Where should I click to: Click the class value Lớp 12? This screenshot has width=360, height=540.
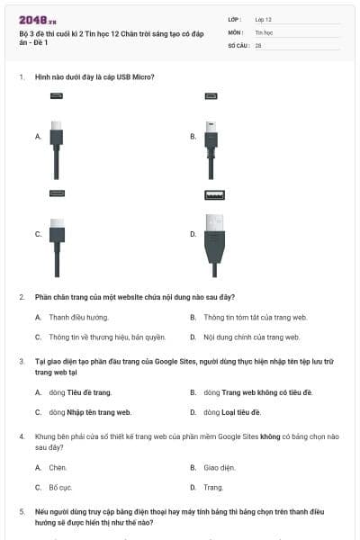point(264,19)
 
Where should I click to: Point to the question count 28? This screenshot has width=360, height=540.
point(258,45)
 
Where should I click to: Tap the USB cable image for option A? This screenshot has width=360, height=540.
point(57,144)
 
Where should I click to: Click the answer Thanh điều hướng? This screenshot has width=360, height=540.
point(78,318)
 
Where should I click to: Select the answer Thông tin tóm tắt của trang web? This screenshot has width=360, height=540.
point(256,318)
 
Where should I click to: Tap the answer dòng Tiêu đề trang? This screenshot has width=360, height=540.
point(80,392)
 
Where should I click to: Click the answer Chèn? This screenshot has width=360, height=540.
point(58,467)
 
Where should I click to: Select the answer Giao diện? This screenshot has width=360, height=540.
point(219,467)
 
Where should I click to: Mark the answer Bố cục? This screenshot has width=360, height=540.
point(60,487)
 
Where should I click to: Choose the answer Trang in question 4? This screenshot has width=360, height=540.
point(213,487)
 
